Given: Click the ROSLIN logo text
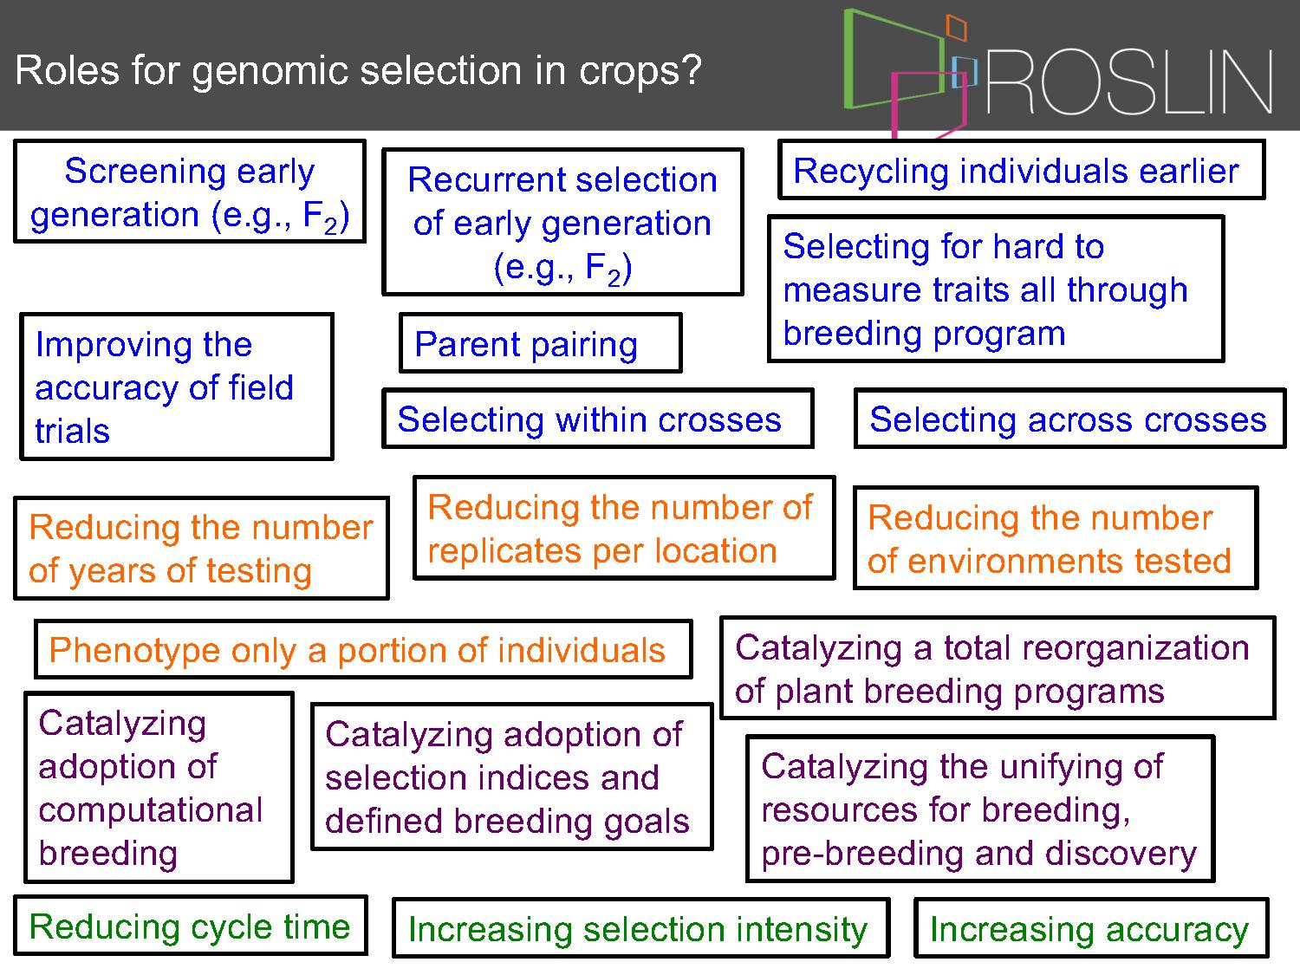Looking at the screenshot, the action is (x=1129, y=82).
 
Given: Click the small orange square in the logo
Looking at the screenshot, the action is (x=956, y=27).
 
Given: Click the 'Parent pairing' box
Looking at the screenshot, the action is (x=541, y=342).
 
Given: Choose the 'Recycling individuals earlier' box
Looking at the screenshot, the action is (x=1022, y=170).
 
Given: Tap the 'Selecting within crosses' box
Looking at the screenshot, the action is (x=598, y=419).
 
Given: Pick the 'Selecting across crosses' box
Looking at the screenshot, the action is (x=1069, y=419).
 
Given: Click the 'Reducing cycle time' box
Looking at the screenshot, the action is (x=190, y=926).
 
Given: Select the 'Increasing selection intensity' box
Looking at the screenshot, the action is (x=640, y=928).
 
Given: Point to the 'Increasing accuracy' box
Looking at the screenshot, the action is (x=1091, y=928).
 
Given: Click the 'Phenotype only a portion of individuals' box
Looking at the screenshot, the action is (x=363, y=649).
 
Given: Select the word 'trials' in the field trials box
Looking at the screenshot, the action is (x=72, y=431).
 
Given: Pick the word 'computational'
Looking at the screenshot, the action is (x=151, y=810).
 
